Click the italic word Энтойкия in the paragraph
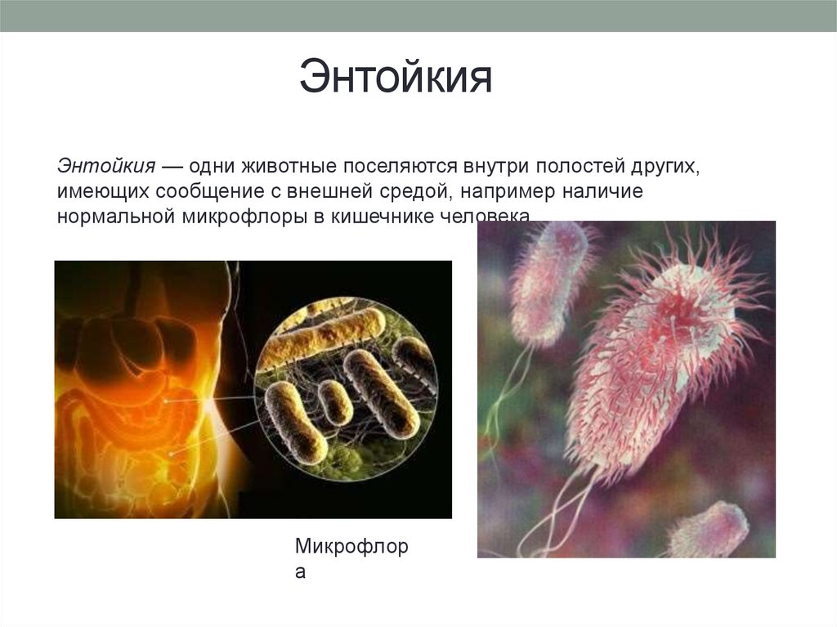click(x=106, y=167)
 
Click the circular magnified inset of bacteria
click(x=347, y=389)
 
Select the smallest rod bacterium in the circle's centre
click(x=334, y=401)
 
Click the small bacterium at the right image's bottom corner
click(x=709, y=530)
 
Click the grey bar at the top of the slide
click(x=418, y=16)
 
